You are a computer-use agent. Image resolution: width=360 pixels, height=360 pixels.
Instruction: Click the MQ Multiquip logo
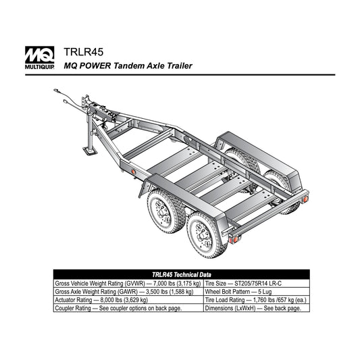click(39, 57)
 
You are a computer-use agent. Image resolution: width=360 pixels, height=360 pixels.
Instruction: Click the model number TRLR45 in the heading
click(84, 52)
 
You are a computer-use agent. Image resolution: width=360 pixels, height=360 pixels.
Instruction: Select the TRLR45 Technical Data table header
click(182, 275)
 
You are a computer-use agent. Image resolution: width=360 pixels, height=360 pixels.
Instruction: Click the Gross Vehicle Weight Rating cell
click(128, 283)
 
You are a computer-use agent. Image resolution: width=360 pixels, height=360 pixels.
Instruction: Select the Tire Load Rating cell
click(255, 300)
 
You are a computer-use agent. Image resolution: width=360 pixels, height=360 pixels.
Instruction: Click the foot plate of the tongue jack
click(90, 151)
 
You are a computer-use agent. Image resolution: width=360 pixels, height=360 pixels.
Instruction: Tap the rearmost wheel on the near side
click(206, 235)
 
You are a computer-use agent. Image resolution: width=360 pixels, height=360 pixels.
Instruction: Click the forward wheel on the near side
click(165, 211)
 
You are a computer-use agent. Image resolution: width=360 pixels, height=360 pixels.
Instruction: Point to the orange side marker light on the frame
click(133, 172)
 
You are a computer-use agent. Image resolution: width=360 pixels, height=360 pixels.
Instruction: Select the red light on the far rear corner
click(305, 199)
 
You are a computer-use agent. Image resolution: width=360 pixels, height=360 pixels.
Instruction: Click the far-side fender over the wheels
click(258, 159)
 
